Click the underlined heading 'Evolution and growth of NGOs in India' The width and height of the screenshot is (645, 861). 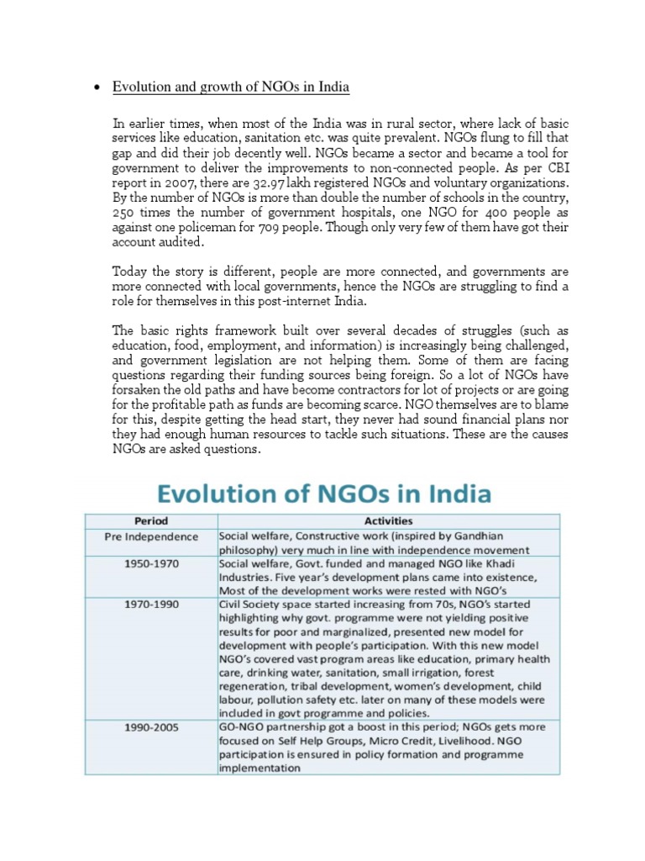point(231,88)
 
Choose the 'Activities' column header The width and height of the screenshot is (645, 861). point(388,521)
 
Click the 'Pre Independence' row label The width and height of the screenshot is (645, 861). point(152,536)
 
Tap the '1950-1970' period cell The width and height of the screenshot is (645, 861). point(152,564)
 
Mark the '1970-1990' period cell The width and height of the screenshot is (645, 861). point(152,605)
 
